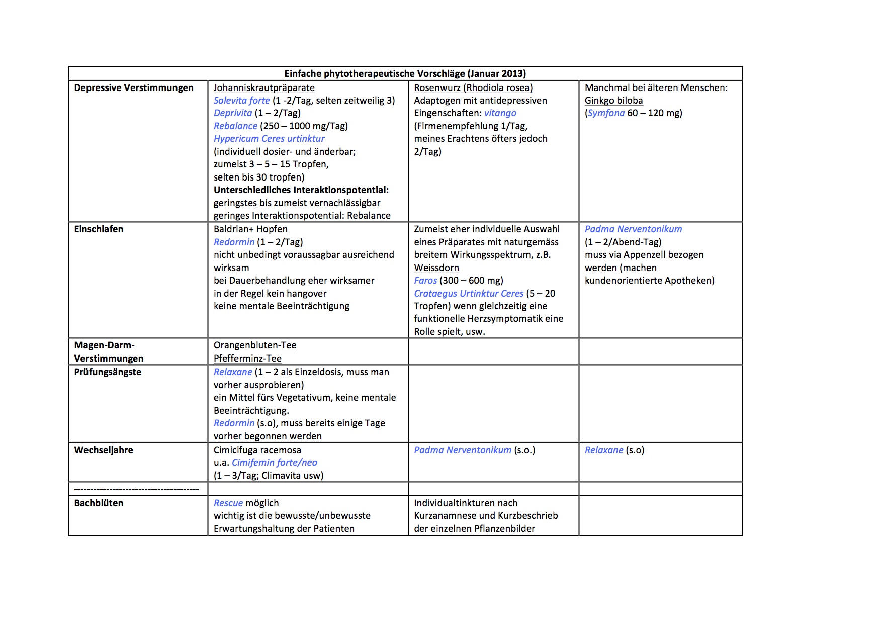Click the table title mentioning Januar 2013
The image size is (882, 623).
pyautogui.click(x=405, y=74)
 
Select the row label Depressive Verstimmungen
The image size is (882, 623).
pyautogui.click(x=134, y=88)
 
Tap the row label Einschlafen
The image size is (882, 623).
pyautogui.click(x=99, y=229)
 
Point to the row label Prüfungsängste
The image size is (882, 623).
pyautogui.click(x=108, y=372)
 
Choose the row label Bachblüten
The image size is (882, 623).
pyautogui.click(x=99, y=503)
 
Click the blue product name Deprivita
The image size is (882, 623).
pyautogui.click(x=233, y=113)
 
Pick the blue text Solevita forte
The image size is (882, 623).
pyautogui.click(x=241, y=101)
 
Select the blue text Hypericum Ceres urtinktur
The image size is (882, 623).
pyautogui.click(x=269, y=139)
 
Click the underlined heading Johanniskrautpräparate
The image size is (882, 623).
pyautogui.click(x=264, y=88)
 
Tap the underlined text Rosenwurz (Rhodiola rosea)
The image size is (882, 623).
pyautogui.click(x=473, y=88)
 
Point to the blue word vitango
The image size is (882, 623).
pyautogui.click(x=500, y=113)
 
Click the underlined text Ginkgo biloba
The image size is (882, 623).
pyautogui.click(x=613, y=101)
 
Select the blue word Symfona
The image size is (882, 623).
pyautogui.click(x=606, y=113)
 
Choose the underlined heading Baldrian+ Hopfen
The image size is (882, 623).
pyautogui.click(x=250, y=229)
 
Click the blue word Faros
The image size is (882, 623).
pyautogui.click(x=425, y=281)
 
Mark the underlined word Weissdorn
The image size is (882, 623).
pyautogui.click(x=436, y=268)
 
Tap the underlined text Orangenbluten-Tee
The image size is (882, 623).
pyautogui.click(x=255, y=345)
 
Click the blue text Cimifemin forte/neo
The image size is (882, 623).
pyautogui.click(x=275, y=463)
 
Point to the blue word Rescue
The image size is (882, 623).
pyautogui.click(x=228, y=503)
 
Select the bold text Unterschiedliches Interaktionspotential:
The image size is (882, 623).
pyautogui.click(x=301, y=190)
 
